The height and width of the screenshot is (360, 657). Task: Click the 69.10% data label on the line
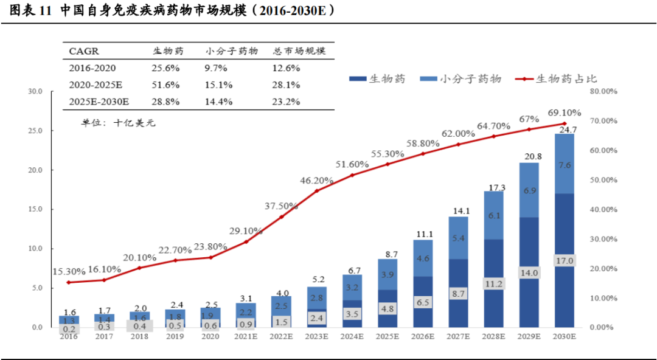click(x=564, y=113)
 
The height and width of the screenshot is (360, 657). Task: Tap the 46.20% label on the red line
click(x=316, y=181)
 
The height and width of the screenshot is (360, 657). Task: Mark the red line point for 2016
click(x=68, y=282)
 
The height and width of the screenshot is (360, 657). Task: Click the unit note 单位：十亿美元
click(x=119, y=123)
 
